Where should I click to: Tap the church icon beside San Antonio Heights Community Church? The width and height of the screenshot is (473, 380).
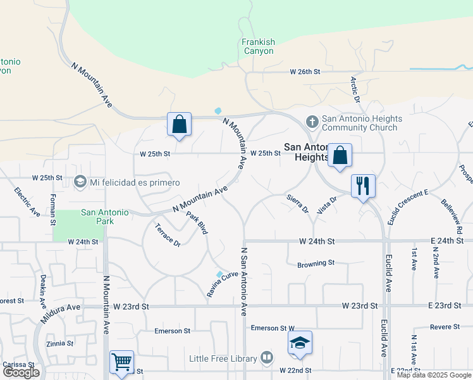(312, 120)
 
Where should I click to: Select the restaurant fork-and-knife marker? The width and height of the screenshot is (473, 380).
(363, 186)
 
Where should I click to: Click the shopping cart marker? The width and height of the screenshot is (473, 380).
(121, 362)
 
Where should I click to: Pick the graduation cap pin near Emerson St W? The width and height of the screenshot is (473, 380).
(300, 343)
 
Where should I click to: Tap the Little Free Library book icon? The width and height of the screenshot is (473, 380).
(267, 358)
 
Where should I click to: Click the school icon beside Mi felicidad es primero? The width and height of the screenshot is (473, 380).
(80, 182)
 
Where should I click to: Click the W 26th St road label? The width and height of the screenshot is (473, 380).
(305, 72)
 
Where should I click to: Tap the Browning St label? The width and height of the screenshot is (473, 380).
(316, 262)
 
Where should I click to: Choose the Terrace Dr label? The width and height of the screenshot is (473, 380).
(168, 234)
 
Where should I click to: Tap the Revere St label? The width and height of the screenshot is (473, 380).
(445, 327)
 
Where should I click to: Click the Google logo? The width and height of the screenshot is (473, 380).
(21, 372)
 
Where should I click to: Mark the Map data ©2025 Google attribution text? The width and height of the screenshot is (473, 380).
(434, 375)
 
